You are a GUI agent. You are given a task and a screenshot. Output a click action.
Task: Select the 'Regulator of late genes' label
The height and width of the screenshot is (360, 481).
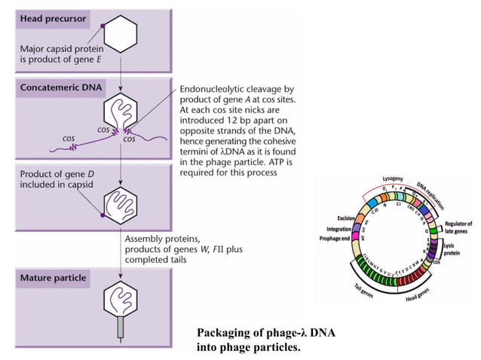tap(458, 227)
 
